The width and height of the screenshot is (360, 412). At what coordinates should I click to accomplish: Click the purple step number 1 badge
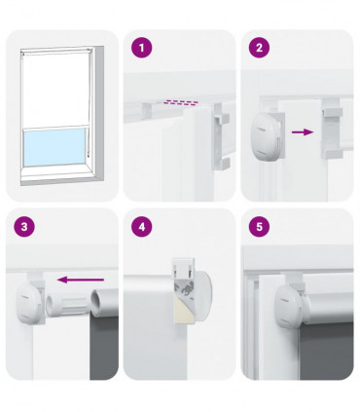click(142, 47)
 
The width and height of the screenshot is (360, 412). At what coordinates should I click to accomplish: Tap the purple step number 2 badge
click(258, 47)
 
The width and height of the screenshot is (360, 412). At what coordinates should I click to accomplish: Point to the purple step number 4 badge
click(142, 226)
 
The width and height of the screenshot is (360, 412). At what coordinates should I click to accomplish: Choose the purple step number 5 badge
click(258, 226)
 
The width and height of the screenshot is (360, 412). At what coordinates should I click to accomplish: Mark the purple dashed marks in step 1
click(179, 100)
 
